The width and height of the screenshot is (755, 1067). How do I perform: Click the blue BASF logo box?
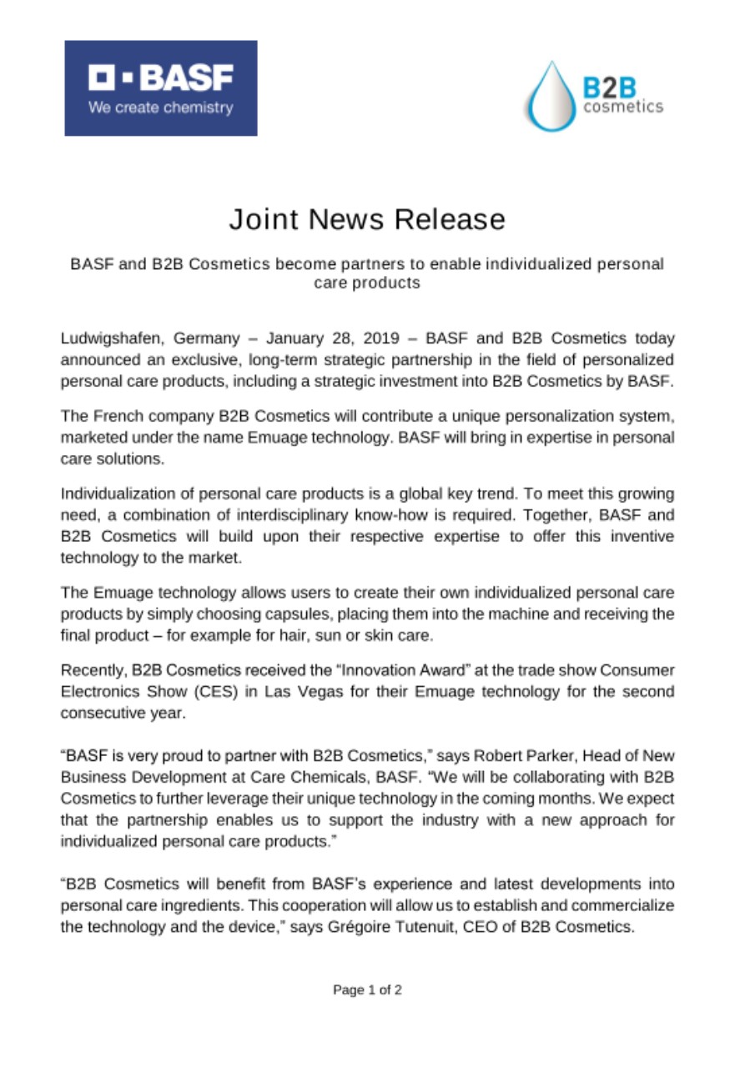161,88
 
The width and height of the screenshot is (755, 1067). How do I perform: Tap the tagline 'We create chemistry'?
162,108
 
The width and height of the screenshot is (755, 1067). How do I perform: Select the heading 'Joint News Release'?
367,220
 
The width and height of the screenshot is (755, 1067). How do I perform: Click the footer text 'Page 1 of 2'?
368,990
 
